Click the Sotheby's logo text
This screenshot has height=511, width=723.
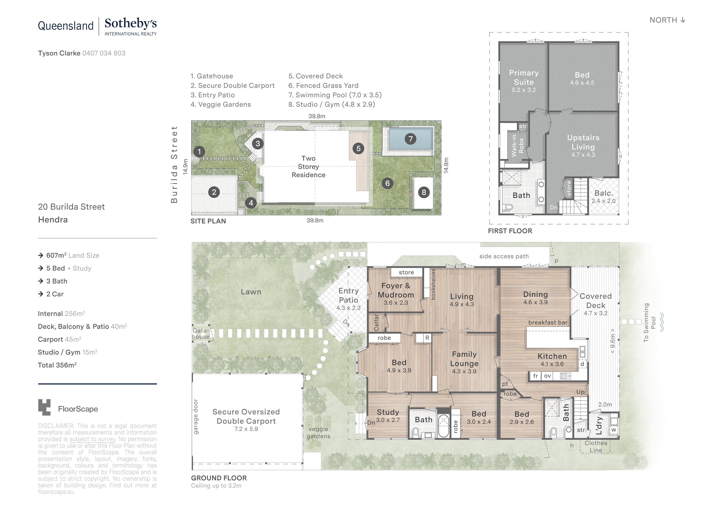click(x=130, y=24)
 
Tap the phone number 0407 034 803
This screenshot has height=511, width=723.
click(x=104, y=53)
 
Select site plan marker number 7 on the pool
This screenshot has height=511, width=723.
click(x=410, y=139)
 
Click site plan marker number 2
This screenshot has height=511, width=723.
click(x=214, y=192)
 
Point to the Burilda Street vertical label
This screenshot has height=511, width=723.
click(x=174, y=164)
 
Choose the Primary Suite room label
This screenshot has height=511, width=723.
click(x=524, y=78)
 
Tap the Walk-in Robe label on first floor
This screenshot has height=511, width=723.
click(x=517, y=146)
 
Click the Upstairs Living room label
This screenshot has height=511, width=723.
click(x=583, y=143)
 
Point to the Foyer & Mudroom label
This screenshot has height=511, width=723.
click(x=396, y=291)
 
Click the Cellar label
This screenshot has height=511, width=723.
click(x=376, y=322)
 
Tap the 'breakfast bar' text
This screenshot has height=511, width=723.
click(x=548, y=322)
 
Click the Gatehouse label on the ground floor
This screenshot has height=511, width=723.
click(x=200, y=334)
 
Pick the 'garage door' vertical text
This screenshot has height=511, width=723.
click(x=196, y=416)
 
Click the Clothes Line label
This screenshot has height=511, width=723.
click(x=595, y=446)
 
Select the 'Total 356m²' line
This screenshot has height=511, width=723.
click(x=57, y=365)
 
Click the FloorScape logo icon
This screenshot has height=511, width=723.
click(x=44, y=407)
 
